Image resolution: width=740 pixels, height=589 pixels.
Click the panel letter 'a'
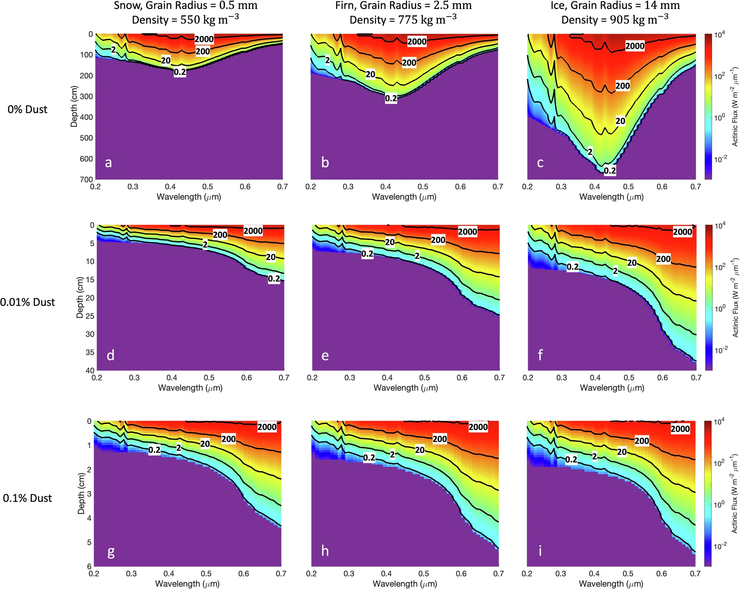pyautogui.click(x=108, y=163)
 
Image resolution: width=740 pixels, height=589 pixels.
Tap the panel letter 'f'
pyautogui.click(x=540, y=355)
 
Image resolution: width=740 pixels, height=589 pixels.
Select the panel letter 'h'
pyautogui.click(x=325, y=551)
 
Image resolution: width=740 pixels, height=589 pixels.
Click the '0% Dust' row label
pyautogui.click(x=27, y=110)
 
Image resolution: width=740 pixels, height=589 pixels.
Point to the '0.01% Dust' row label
pyautogui.click(x=27, y=302)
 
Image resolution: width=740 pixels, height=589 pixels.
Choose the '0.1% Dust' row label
pyautogui.click(x=27, y=498)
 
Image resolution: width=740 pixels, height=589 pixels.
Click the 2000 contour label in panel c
pyautogui.click(x=635, y=46)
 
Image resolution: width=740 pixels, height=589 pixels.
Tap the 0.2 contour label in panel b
pyautogui.click(x=391, y=98)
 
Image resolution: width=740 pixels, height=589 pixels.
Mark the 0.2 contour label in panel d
pyautogui.click(x=274, y=279)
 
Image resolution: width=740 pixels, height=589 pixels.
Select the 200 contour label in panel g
pyautogui.click(x=229, y=439)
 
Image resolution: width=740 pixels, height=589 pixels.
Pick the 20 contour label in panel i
pyautogui.click(x=622, y=452)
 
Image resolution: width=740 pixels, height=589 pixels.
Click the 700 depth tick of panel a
pyautogui.click(x=87, y=179)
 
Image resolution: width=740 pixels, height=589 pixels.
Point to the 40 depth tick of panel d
pyautogui.click(x=90, y=370)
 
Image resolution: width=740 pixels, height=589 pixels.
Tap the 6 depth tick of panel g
pyautogui.click(x=89, y=566)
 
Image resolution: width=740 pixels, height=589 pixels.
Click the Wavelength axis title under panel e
pyautogui.click(x=406, y=388)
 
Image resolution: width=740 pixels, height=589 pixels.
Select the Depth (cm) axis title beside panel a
pyautogui.click(x=74, y=107)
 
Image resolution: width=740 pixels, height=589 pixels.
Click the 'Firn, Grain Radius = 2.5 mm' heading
pyautogui.click(x=403, y=6)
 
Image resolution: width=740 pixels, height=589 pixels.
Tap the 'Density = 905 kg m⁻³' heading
pyautogui.click(x=615, y=19)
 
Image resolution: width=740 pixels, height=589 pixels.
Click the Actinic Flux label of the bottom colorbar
pyautogui.click(x=734, y=494)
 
